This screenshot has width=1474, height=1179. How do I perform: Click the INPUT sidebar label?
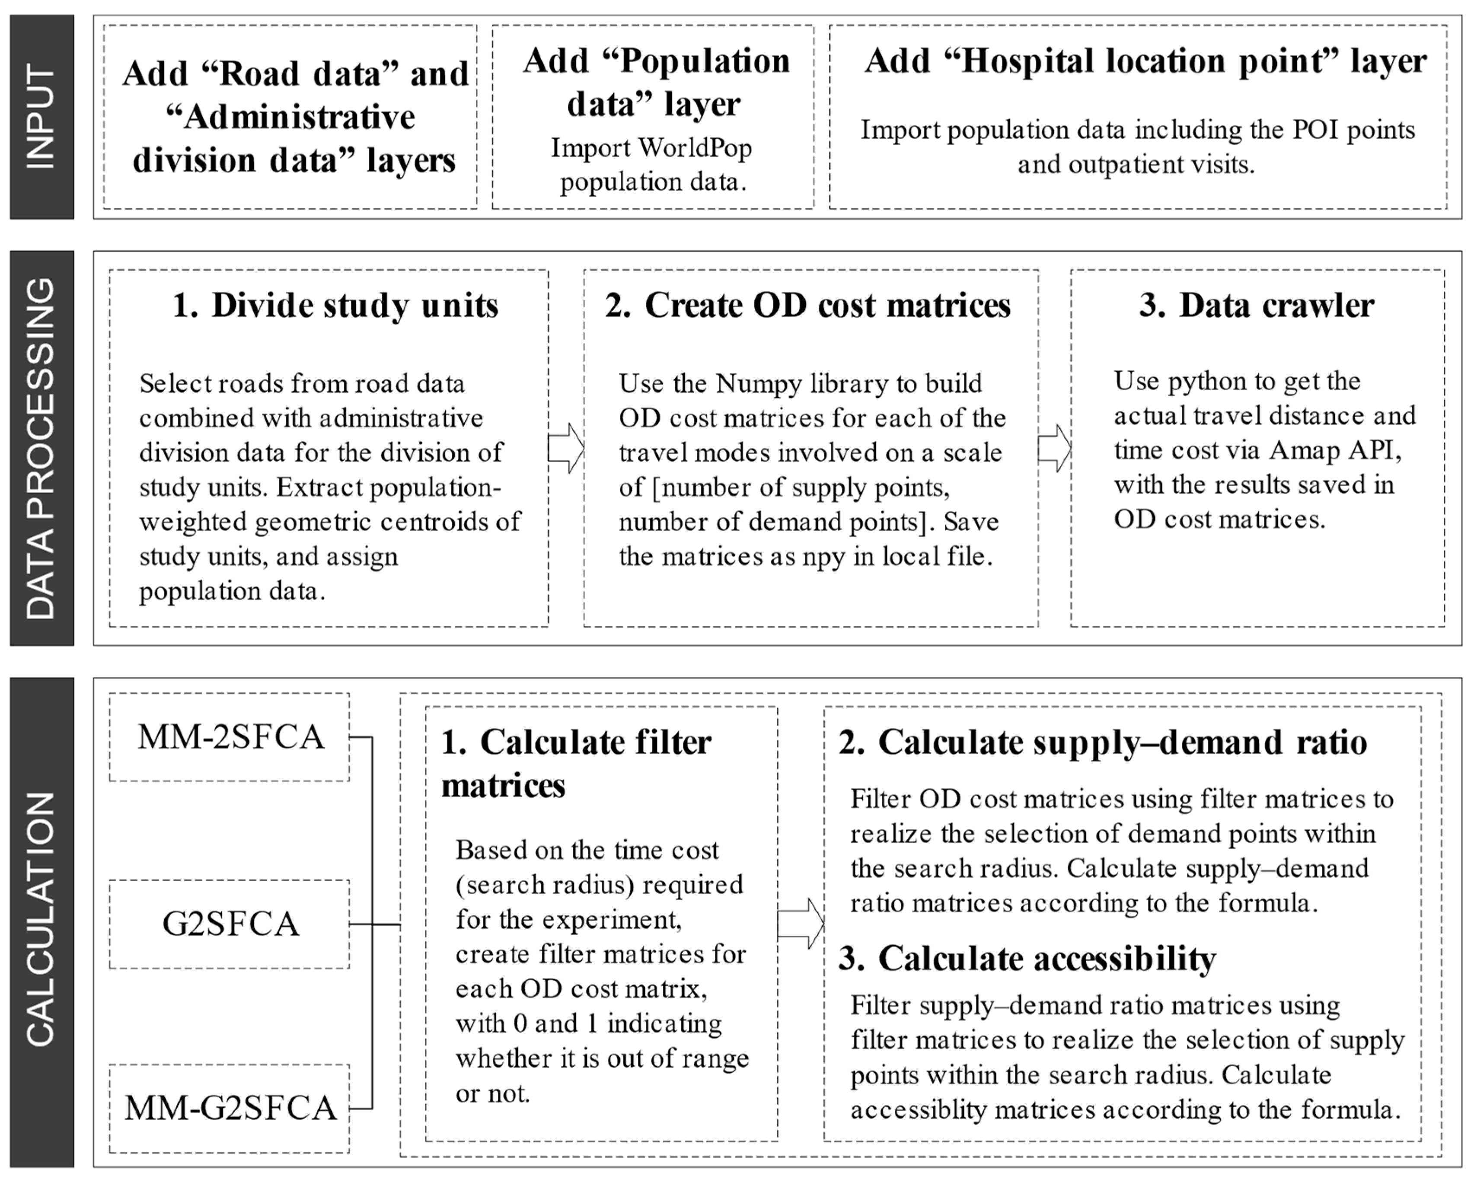(x=41, y=117)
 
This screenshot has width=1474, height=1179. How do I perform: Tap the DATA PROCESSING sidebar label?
(x=41, y=448)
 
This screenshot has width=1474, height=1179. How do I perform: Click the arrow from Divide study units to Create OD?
(x=566, y=448)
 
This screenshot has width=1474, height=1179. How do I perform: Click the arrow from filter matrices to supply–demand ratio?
(x=801, y=924)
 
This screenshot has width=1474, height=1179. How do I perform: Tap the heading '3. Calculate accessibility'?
(x=1027, y=958)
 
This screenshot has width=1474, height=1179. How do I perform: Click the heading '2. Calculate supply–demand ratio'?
(x=1102, y=742)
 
